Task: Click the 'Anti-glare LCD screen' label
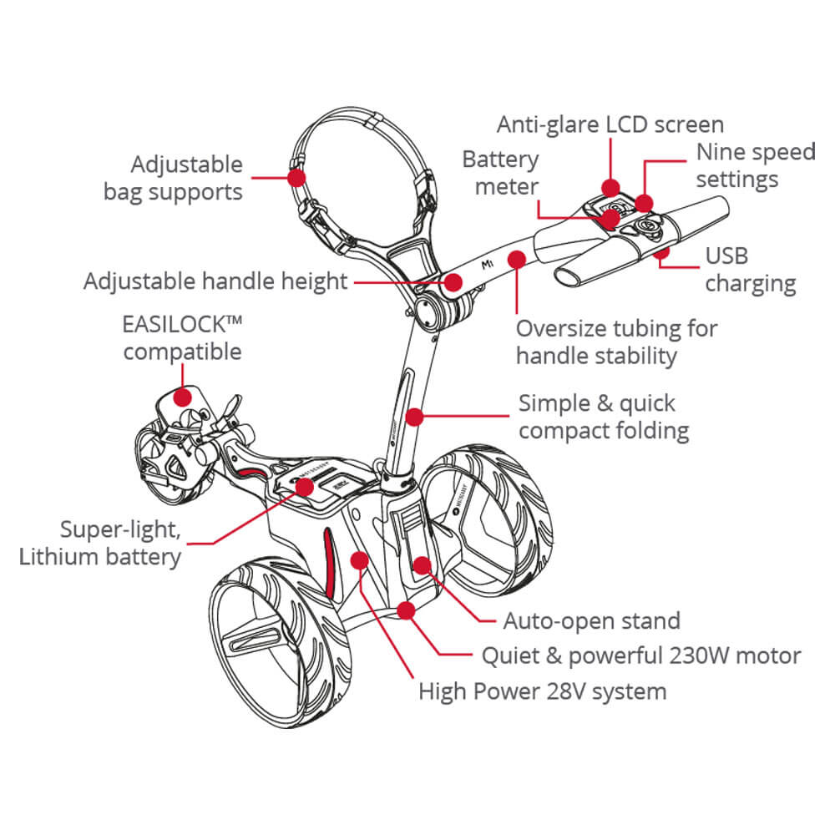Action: pyautogui.click(x=610, y=124)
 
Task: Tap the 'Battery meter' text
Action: pyautogui.click(x=501, y=173)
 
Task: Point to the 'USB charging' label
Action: pyautogui.click(x=750, y=269)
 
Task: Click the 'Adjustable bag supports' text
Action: pyautogui.click(x=173, y=178)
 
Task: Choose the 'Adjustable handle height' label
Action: pyautogui.click(x=215, y=281)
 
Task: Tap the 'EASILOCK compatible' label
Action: pyautogui.click(x=182, y=337)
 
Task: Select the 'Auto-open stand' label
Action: pyautogui.click(x=591, y=620)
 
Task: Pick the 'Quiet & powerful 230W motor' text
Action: pyautogui.click(x=641, y=655)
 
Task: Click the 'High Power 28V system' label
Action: pyautogui.click(x=543, y=691)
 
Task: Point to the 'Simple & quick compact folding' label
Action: pyautogui.click(x=603, y=417)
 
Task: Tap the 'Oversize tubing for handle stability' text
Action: pyautogui.click(x=616, y=342)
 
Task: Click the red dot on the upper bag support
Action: pyautogui.click(x=295, y=177)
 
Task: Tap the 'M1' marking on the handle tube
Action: pyautogui.click(x=489, y=266)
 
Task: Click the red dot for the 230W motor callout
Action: pyautogui.click(x=406, y=610)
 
